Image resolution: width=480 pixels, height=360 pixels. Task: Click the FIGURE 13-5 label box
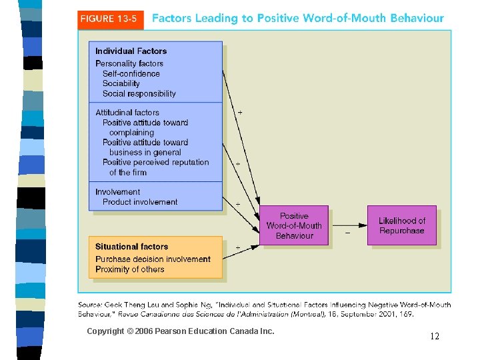click(x=110, y=19)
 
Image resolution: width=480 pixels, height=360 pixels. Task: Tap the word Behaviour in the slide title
click(x=412, y=19)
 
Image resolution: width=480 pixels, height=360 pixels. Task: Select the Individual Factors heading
click(x=131, y=51)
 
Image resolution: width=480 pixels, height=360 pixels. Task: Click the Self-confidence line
click(x=131, y=74)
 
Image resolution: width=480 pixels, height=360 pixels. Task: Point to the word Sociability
click(x=121, y=84)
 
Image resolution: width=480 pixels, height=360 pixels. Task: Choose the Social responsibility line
click(x=139, y=94)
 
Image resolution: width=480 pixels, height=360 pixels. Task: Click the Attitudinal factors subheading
click(x=127, y=113)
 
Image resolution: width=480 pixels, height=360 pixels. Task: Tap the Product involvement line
click(x=140, y=202)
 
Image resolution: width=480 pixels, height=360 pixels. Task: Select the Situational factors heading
click(x=131, y=247)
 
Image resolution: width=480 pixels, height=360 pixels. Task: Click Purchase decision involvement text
click(x=153, y=259)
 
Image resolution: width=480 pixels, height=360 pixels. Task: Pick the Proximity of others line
click(x=129, y=269)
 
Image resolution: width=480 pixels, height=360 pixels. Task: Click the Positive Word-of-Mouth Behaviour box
click(x=294, y=226)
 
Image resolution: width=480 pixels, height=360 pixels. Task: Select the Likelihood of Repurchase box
click(x=401, y=226)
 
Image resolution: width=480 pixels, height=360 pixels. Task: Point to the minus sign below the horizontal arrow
click(x=347, y=233)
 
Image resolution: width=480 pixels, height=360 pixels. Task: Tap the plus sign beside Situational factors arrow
click(x=238, y=247)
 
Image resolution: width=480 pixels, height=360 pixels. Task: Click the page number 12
click(x=435, y=337)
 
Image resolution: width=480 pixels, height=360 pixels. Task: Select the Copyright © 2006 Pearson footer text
click(x=180, y=331)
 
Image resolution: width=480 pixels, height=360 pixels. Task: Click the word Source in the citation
click(x=91, y=305)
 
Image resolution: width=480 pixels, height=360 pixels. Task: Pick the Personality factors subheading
click(x=129, y=64)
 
